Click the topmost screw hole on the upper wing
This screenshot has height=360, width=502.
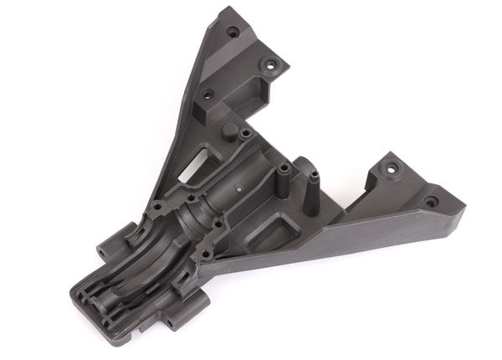(233, 32)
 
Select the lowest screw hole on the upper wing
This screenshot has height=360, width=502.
(208, 94)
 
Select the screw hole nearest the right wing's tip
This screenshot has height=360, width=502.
(431, 202)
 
